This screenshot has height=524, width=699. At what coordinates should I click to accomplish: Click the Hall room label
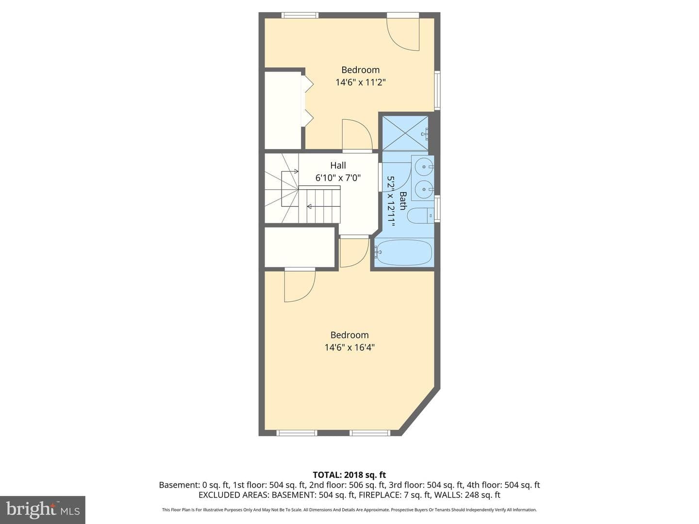[x=338, y=165]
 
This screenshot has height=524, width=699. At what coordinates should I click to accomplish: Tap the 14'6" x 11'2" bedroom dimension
[x=361, y=82]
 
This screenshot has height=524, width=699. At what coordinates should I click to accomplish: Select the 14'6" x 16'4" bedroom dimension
[x=349, y=347]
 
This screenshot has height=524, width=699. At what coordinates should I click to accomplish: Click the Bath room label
[x=403, y=201]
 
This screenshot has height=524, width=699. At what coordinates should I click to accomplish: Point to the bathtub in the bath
[x=403, y=252]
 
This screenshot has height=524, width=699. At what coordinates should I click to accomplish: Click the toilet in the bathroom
[x=420, y=215]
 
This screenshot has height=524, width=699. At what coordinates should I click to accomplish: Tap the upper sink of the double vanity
[x=424, y=166]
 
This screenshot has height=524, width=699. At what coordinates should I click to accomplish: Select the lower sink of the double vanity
[x=424, y=189]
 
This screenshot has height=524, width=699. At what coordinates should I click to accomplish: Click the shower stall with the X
[x=405, y=133]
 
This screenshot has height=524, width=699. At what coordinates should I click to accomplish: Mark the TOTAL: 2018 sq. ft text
[x=349, y=475]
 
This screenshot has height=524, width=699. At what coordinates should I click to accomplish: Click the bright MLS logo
[x=43, y=509]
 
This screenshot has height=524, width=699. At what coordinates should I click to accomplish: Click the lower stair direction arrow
[x=324, y=207]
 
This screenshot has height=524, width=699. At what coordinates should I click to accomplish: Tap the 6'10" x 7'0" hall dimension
[x=338, y=178]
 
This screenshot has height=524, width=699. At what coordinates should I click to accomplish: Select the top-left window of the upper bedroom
[x=300, y=15]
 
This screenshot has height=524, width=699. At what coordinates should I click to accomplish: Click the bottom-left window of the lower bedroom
[x=297, y=433]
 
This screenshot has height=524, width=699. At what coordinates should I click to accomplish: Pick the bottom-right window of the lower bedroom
[x=370, y=433]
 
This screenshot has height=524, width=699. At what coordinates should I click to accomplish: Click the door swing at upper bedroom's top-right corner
[x=403, y=34]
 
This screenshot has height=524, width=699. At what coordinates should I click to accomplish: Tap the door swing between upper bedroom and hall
[x=357, y=134]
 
